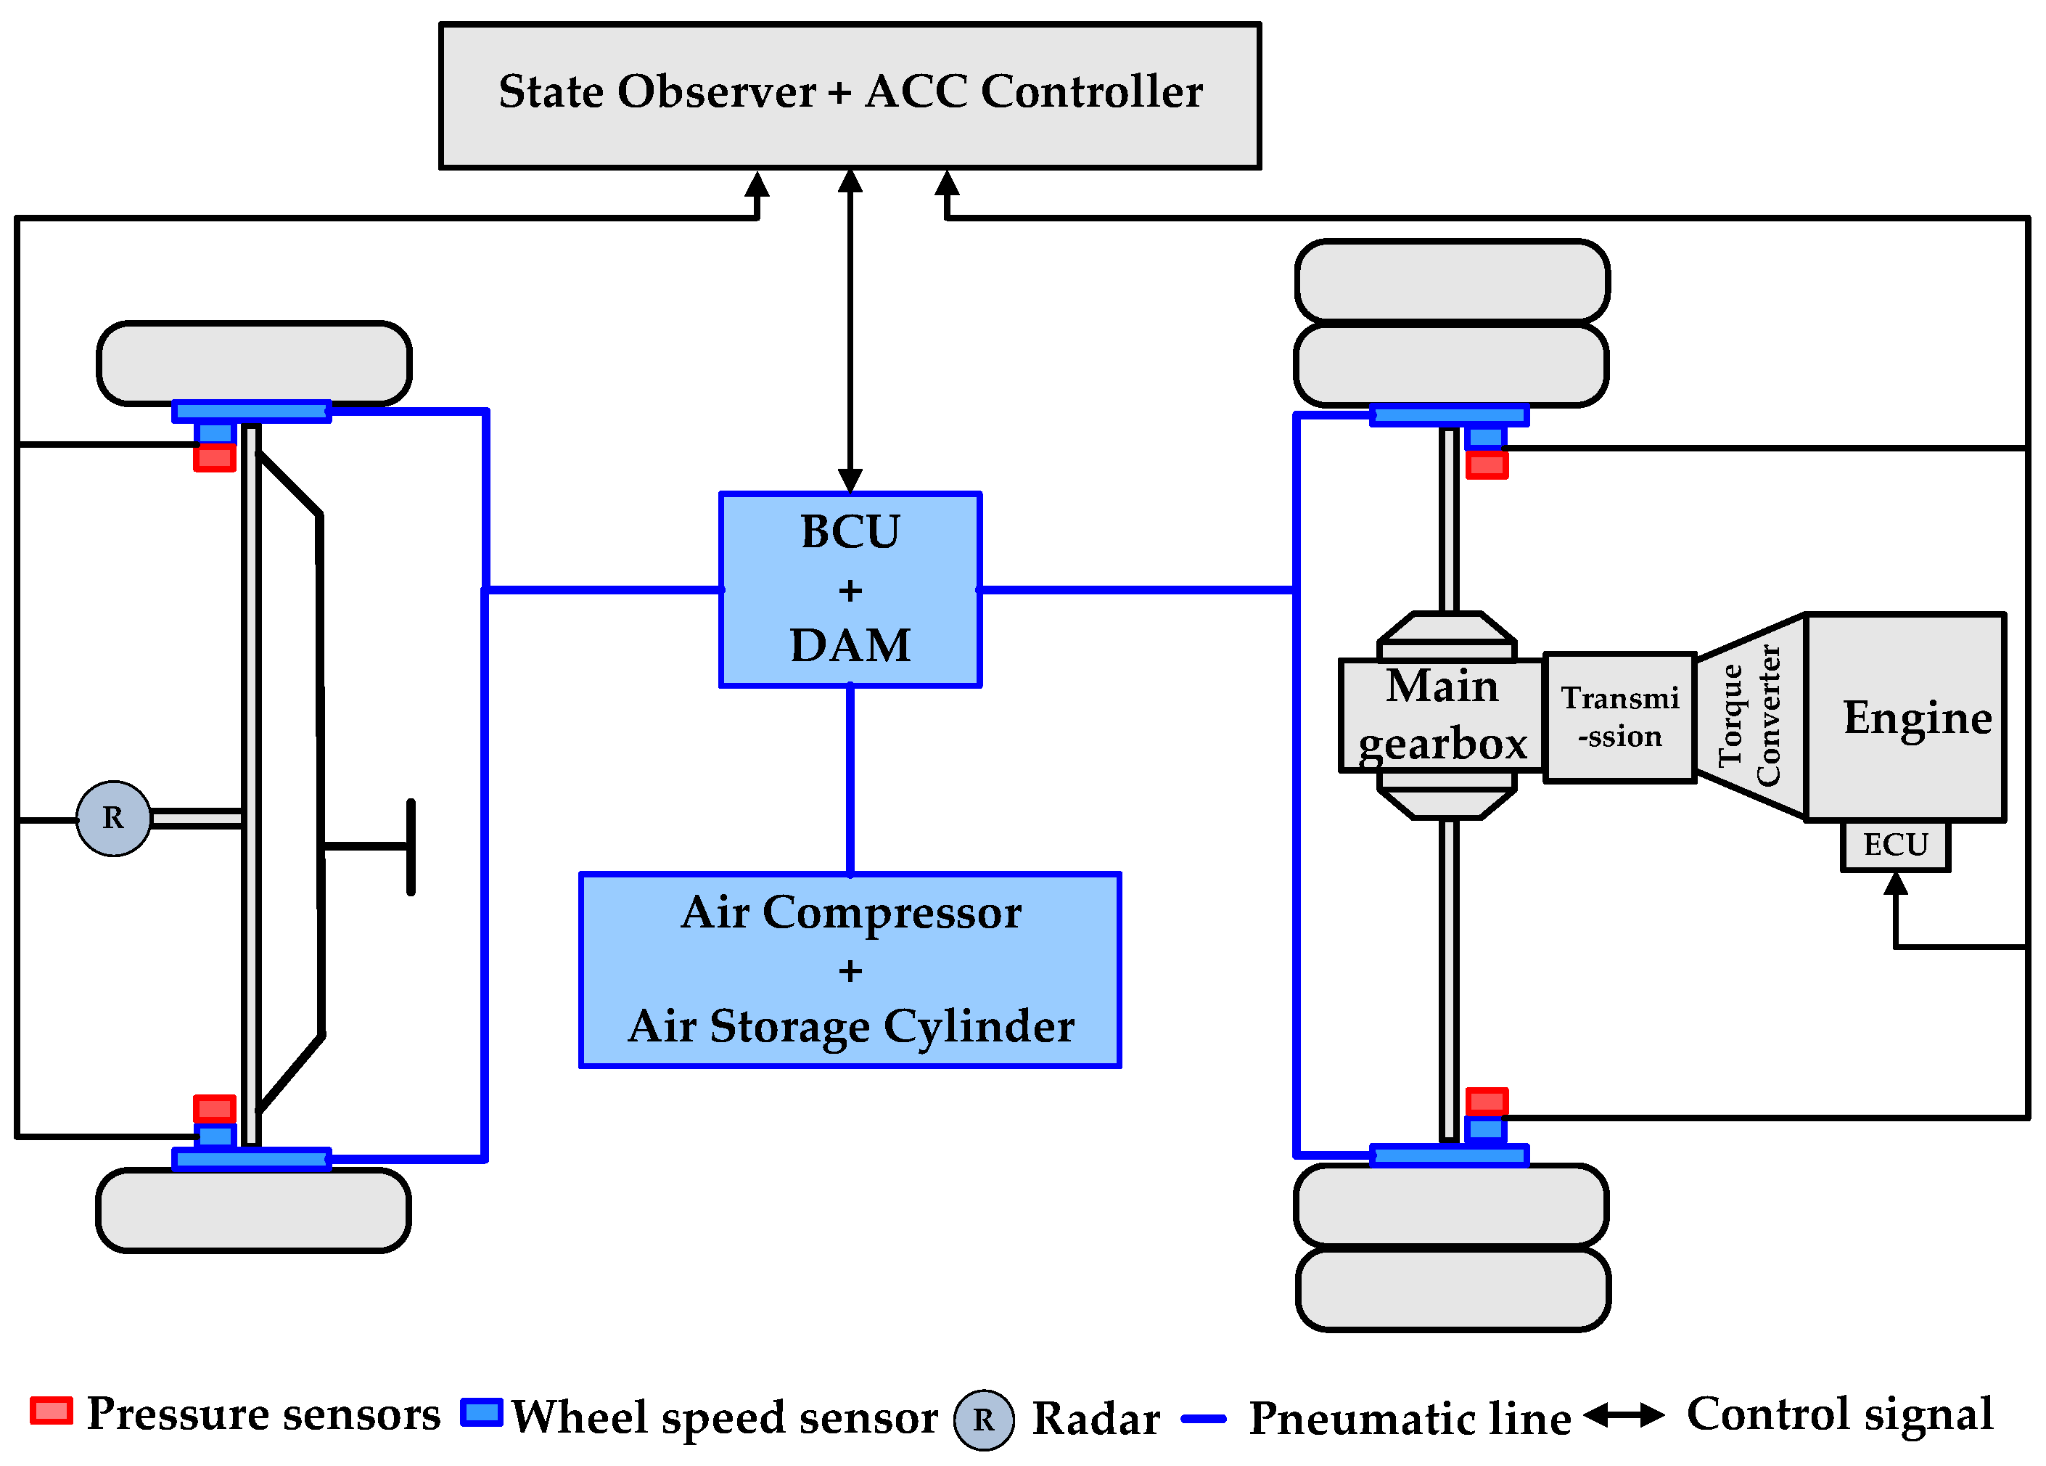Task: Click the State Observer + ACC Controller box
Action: coord(849,96)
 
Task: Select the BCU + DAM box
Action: coord(849,589)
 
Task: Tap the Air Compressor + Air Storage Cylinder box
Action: coord(849,970)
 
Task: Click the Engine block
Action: coord(1905,717)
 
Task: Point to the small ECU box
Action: coord(1894,845)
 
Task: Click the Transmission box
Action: coord(1619,717)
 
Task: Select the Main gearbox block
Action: coord(1441,716)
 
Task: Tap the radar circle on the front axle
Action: coord(112,818)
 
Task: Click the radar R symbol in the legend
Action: coord(983,1420)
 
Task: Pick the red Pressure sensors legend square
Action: coord(51,1411)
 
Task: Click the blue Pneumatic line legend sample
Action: coord(1204,1419)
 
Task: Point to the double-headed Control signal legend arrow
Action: coord(1624,1415)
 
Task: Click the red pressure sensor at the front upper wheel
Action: coord(215,458)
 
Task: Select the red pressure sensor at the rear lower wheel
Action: coord(1487,1102)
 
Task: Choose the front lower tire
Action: coord(253,1210)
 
